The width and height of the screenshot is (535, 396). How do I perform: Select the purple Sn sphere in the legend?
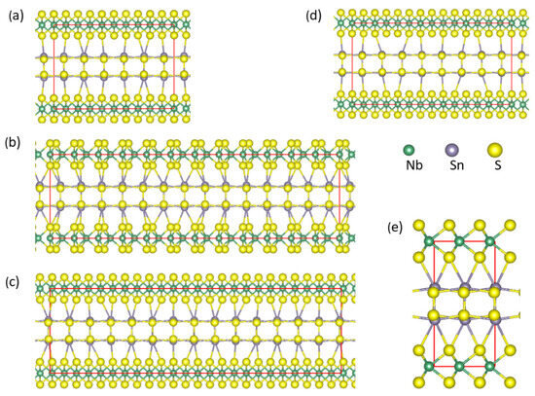(x=450, y=151)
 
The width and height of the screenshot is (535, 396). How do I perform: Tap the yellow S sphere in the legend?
(x=496, y=151)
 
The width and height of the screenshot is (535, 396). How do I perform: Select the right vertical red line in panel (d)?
(x=512, y=64)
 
